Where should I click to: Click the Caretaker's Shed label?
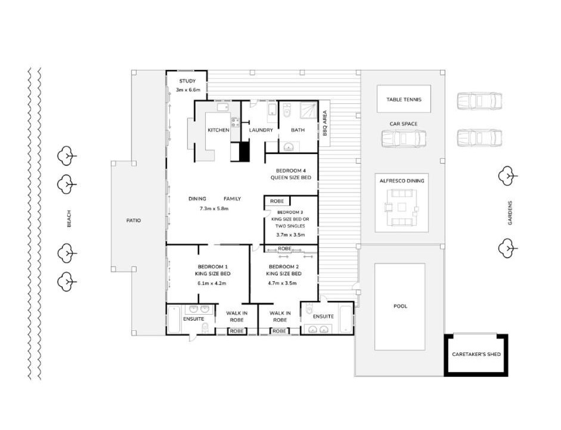[x=476, y=354]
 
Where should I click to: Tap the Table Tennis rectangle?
[x=404, y=99]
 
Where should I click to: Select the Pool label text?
[x=400, y=306]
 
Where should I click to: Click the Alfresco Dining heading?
[x=402, y=181]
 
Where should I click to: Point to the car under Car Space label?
[x=404, y=139]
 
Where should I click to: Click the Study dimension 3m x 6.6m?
[x=188, y=90]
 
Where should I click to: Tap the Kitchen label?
[x=218, y=130]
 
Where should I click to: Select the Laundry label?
[x=261, y=130]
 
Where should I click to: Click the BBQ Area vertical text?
[x=324, y=123]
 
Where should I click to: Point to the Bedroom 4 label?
[x=290, y=171]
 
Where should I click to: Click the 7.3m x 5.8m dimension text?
[x=214, y=208]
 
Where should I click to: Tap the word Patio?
[x=134, y=220]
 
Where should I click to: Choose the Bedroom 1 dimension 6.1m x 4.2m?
[x=212, y=283]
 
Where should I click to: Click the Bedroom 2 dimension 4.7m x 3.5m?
[x=282, y=283]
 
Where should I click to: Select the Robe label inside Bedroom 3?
[x=277, y=201]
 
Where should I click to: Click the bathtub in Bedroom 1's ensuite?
[x=174, y=320]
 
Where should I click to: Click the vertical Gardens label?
[x=510, y=213]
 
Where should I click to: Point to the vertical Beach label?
[x=69, y=219]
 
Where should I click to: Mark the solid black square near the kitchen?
[x=244, y=152]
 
